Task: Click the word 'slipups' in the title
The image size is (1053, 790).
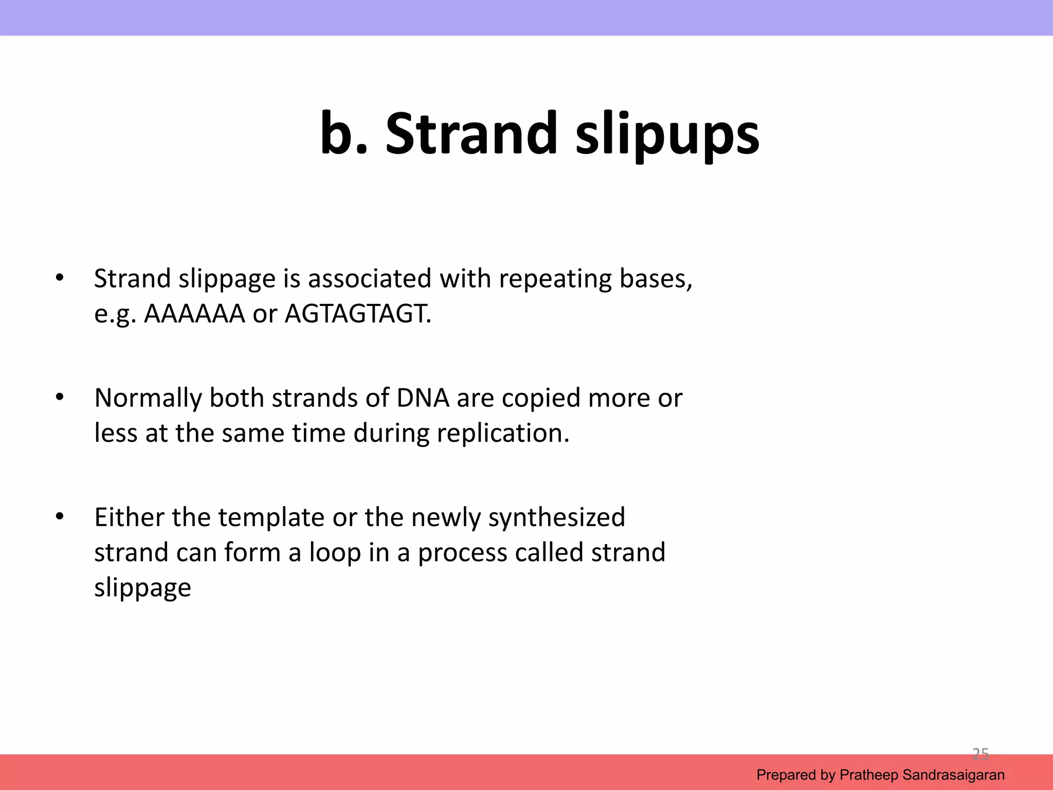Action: pos(667,135)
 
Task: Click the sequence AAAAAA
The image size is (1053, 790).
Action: pos(194,314)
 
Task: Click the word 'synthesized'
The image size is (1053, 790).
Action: pos(556,518)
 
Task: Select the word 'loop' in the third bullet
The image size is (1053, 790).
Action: pos(334,553)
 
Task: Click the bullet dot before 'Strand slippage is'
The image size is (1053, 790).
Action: pos(60,278)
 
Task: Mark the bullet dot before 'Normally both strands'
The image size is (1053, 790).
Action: pos(60,397)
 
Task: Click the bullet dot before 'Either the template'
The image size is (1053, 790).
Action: pos(60,516)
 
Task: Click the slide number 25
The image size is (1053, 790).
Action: pos(981,754)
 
